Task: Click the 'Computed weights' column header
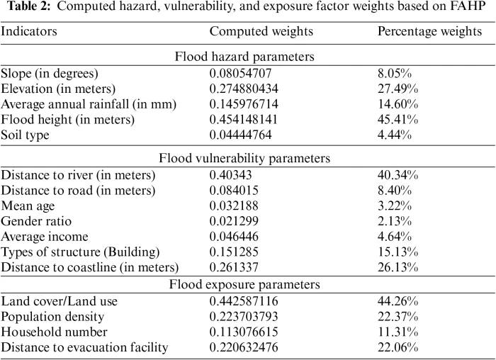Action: (x=261, y=33)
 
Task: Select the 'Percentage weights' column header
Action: (x=429, y=33)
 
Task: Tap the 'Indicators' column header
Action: (x=29, y=33)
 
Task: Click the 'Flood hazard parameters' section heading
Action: (x=248, y=56)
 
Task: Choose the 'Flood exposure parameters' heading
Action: (x=248, y=284)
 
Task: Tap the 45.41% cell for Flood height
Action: (x=397, y=119)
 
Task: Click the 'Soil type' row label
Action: (x=25, y=135)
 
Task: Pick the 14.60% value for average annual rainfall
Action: (x=397, y=104)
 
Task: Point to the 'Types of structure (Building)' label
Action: (x=81, y=252)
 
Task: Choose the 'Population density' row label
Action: (x=52, y=316)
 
